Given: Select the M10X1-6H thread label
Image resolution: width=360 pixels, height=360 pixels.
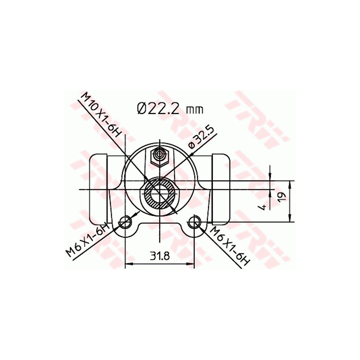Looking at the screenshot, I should (x=101, y=114).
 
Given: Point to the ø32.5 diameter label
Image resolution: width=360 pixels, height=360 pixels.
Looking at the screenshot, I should (x=201, y=137).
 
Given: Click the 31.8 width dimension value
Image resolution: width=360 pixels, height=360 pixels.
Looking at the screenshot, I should (x=159, y=256).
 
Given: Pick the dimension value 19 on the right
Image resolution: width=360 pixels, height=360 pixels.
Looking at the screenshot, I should (x=282, y=197).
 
